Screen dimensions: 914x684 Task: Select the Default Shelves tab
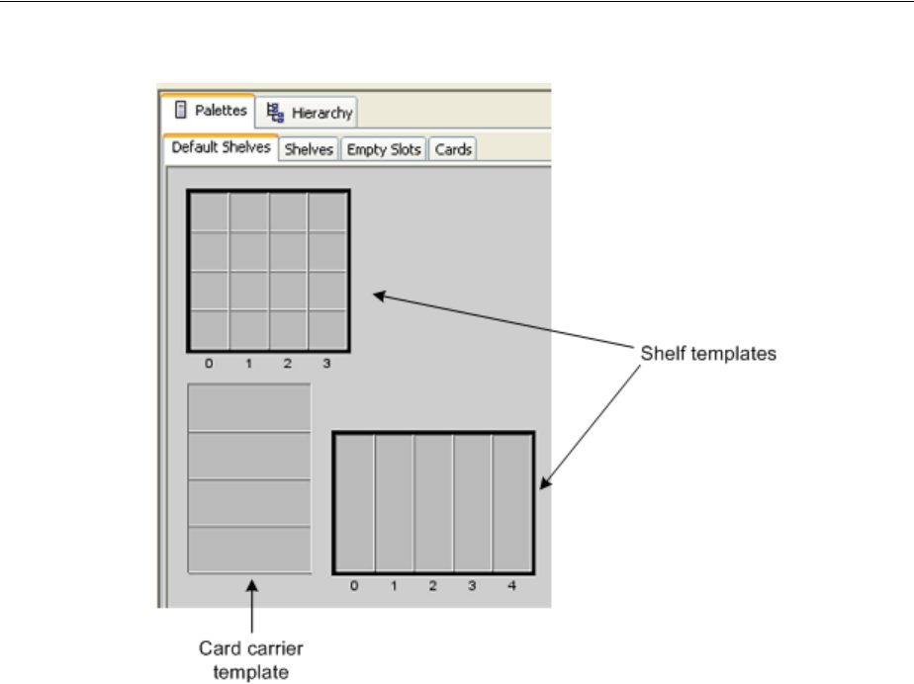coord(220,148)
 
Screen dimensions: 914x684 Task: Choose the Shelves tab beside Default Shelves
coord(309,149)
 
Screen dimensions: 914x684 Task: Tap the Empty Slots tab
coord(384,149)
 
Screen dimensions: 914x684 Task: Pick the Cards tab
coord(453,149)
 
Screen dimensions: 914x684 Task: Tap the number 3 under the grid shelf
coord(326,363)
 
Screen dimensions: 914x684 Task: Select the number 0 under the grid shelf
coord(209,363)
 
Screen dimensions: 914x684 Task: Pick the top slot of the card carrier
coord(249,407)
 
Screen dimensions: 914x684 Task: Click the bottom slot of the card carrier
coord(249,549)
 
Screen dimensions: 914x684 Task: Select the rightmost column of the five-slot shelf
coord(511,502)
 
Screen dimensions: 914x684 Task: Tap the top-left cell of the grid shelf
coord(210,212)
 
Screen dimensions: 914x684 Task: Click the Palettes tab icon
coord(180,110)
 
